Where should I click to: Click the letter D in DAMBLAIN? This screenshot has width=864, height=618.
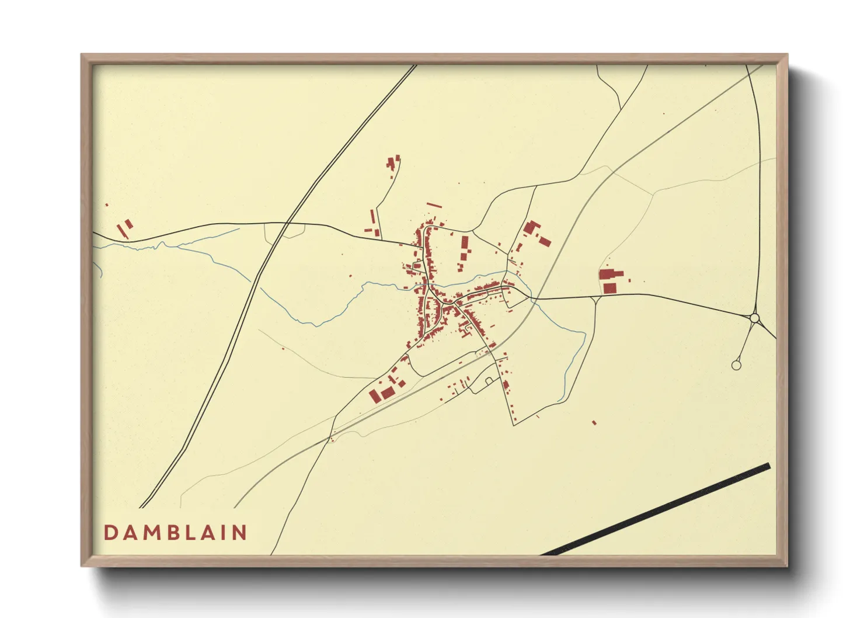[x=110, y=533]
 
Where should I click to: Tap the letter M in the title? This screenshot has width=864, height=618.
[x=151, y=533]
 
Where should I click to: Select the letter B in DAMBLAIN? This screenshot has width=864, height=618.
[x=173, y=533]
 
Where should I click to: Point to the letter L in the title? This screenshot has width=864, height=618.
[x=191, y=533]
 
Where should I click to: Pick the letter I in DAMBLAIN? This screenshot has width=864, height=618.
[x=224, y=533]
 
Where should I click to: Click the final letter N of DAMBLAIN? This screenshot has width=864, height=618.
[x=239, y=533]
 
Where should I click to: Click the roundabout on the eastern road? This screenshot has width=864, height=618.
[x=754, y=318]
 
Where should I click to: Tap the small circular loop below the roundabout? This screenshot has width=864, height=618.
[x=736, y=365]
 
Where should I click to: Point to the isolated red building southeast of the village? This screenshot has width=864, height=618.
[x=594, y=422]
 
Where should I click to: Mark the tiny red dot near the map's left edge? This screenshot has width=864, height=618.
[x=107, y=205]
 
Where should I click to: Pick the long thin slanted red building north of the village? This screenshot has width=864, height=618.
[x=434, y=205]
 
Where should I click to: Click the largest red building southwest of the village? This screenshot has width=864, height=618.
[x=387, y=393]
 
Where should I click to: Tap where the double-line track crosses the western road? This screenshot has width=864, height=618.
[x=287, y=223]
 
